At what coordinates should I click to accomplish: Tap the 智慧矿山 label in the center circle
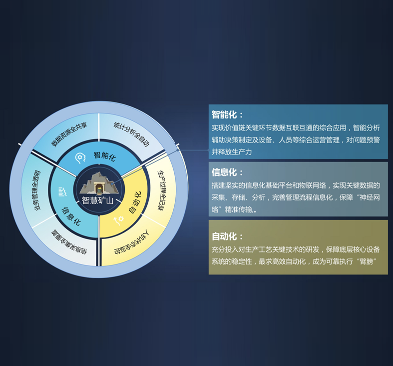(98, 200)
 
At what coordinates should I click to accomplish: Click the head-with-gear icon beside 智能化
(80, 158)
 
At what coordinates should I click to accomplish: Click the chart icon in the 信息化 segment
(63, 191)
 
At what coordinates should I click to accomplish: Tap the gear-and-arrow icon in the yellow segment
(118, 219)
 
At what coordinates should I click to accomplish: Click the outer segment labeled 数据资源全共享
(69, 134)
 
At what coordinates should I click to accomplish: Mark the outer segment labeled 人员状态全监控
(132, 243)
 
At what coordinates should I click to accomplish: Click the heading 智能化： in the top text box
(228, 114)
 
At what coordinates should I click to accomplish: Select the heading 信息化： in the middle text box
(228, 172)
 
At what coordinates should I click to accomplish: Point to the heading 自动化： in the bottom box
(228, 236)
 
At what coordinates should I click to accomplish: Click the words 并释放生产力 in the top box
(232, 151)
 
